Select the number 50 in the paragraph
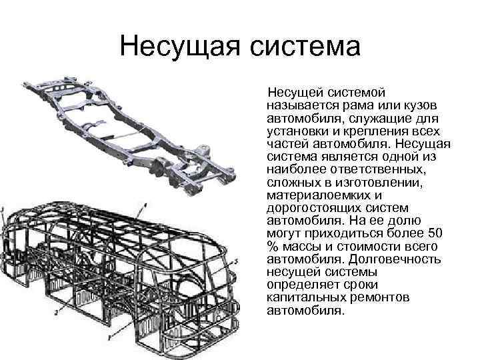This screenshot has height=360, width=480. [x=433, y=233]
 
